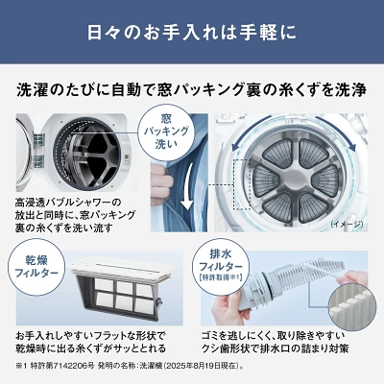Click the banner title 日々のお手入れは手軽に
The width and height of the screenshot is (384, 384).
tap(192, 33)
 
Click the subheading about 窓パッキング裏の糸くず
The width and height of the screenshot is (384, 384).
tap(192, 90)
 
